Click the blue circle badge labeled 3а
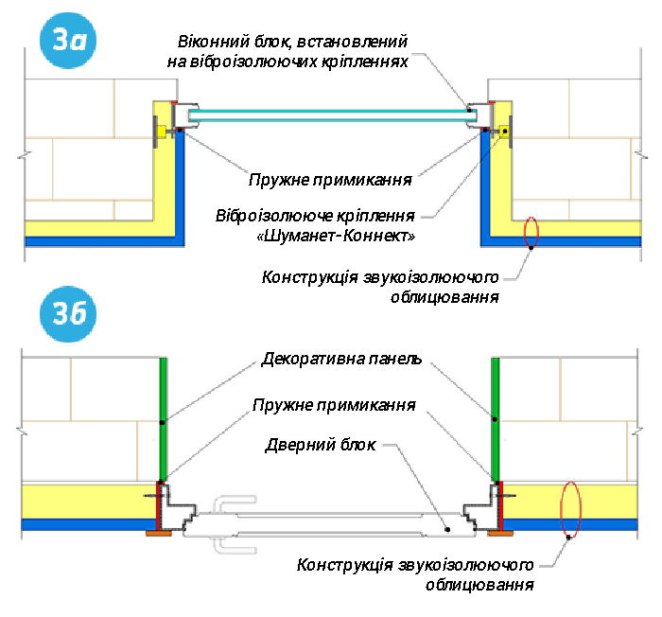tap(69, 42)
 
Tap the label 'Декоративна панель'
tap(341, 361)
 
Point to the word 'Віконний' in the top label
tap(208, 43)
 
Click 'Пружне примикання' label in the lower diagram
tap(334, 404)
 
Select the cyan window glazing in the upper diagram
tap(331, 115)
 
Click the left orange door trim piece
tap(158, 533)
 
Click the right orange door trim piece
tap(497, 533)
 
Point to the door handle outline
tap(228, 522)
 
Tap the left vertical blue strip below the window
tap(179, 185)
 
